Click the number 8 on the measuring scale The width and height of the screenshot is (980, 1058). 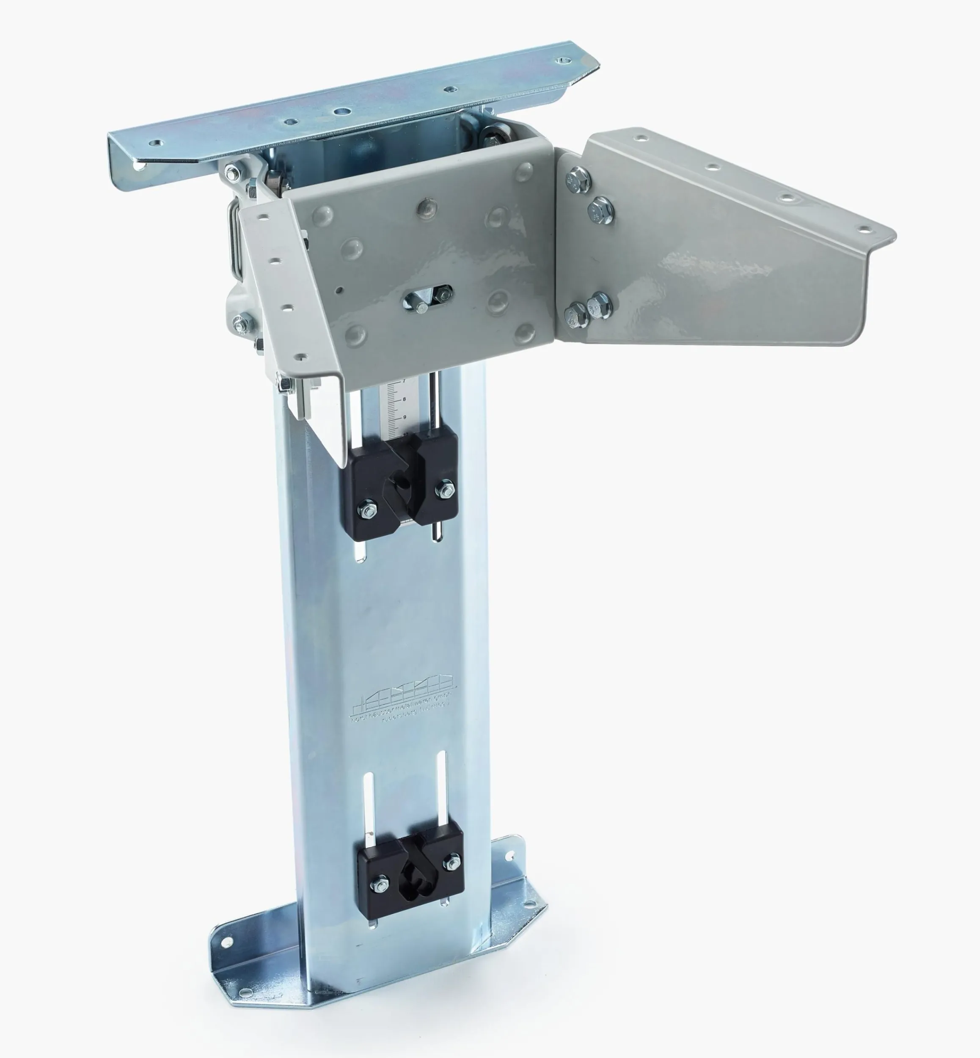tap(404, 399)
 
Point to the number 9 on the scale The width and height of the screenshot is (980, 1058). tap(404, 417)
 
